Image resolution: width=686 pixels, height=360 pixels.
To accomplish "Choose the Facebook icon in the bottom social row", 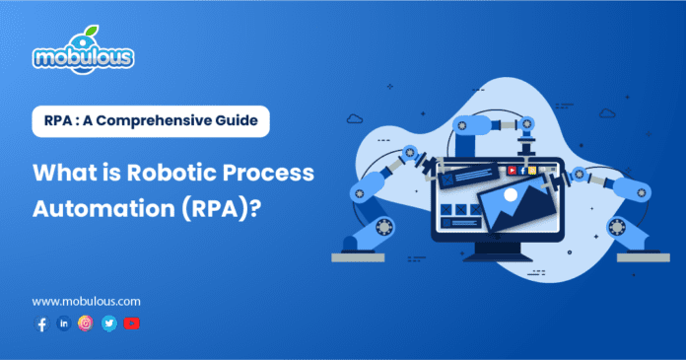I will (41, 324).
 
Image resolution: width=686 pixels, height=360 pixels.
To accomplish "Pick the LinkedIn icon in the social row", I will (64, 324).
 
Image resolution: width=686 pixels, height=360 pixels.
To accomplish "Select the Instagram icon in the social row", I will (86, 324).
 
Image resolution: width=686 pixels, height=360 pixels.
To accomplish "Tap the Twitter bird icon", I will (108, 324).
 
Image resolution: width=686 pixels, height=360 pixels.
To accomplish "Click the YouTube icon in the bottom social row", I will (132, 324).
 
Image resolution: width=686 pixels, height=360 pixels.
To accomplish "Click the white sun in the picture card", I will (510, 196).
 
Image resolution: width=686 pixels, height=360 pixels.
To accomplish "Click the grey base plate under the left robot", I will (361, 256).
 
